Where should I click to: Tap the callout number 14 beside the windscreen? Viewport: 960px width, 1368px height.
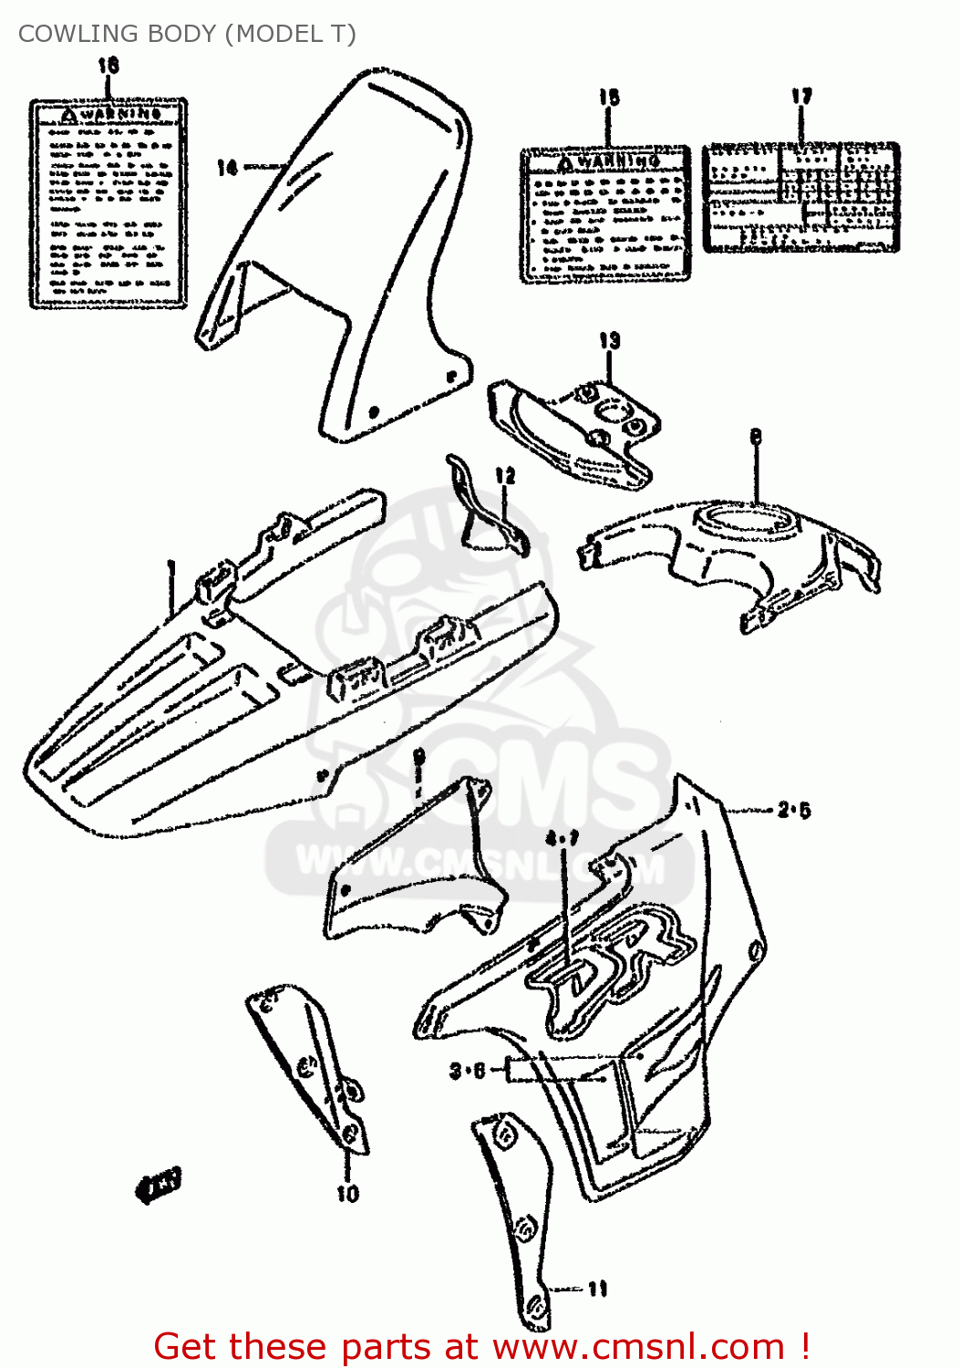pyautogui.click(x=227, y=167)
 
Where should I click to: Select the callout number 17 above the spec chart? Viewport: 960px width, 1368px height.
pyautogui.click(x=800, y=97)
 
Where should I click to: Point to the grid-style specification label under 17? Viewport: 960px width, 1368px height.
pyautogui.click(x=800, y=197)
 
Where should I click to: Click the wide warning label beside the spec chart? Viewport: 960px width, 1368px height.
pyautogui.click(x=605, y=215)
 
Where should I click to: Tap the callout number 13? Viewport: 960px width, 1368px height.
pyautogui.click(x=609, y=341)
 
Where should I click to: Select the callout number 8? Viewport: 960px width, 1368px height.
pyautogui.click(x=755, y=437)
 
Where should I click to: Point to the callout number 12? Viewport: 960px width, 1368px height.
pyautogui.click(x=505, y=475)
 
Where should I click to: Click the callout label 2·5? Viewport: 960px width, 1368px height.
pyautogui.click(x=793, y=810)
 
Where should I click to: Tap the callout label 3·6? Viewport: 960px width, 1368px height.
pyautogui.click(x=468, y=1070)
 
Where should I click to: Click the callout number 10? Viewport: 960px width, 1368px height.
pyautogui.click(x=348, y=1193)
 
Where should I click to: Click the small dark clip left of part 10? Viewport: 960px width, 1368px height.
pyautogui.click(x=159, y=1185)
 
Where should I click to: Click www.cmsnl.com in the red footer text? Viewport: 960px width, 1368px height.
pyautogui.click(x=639, y=1346)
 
